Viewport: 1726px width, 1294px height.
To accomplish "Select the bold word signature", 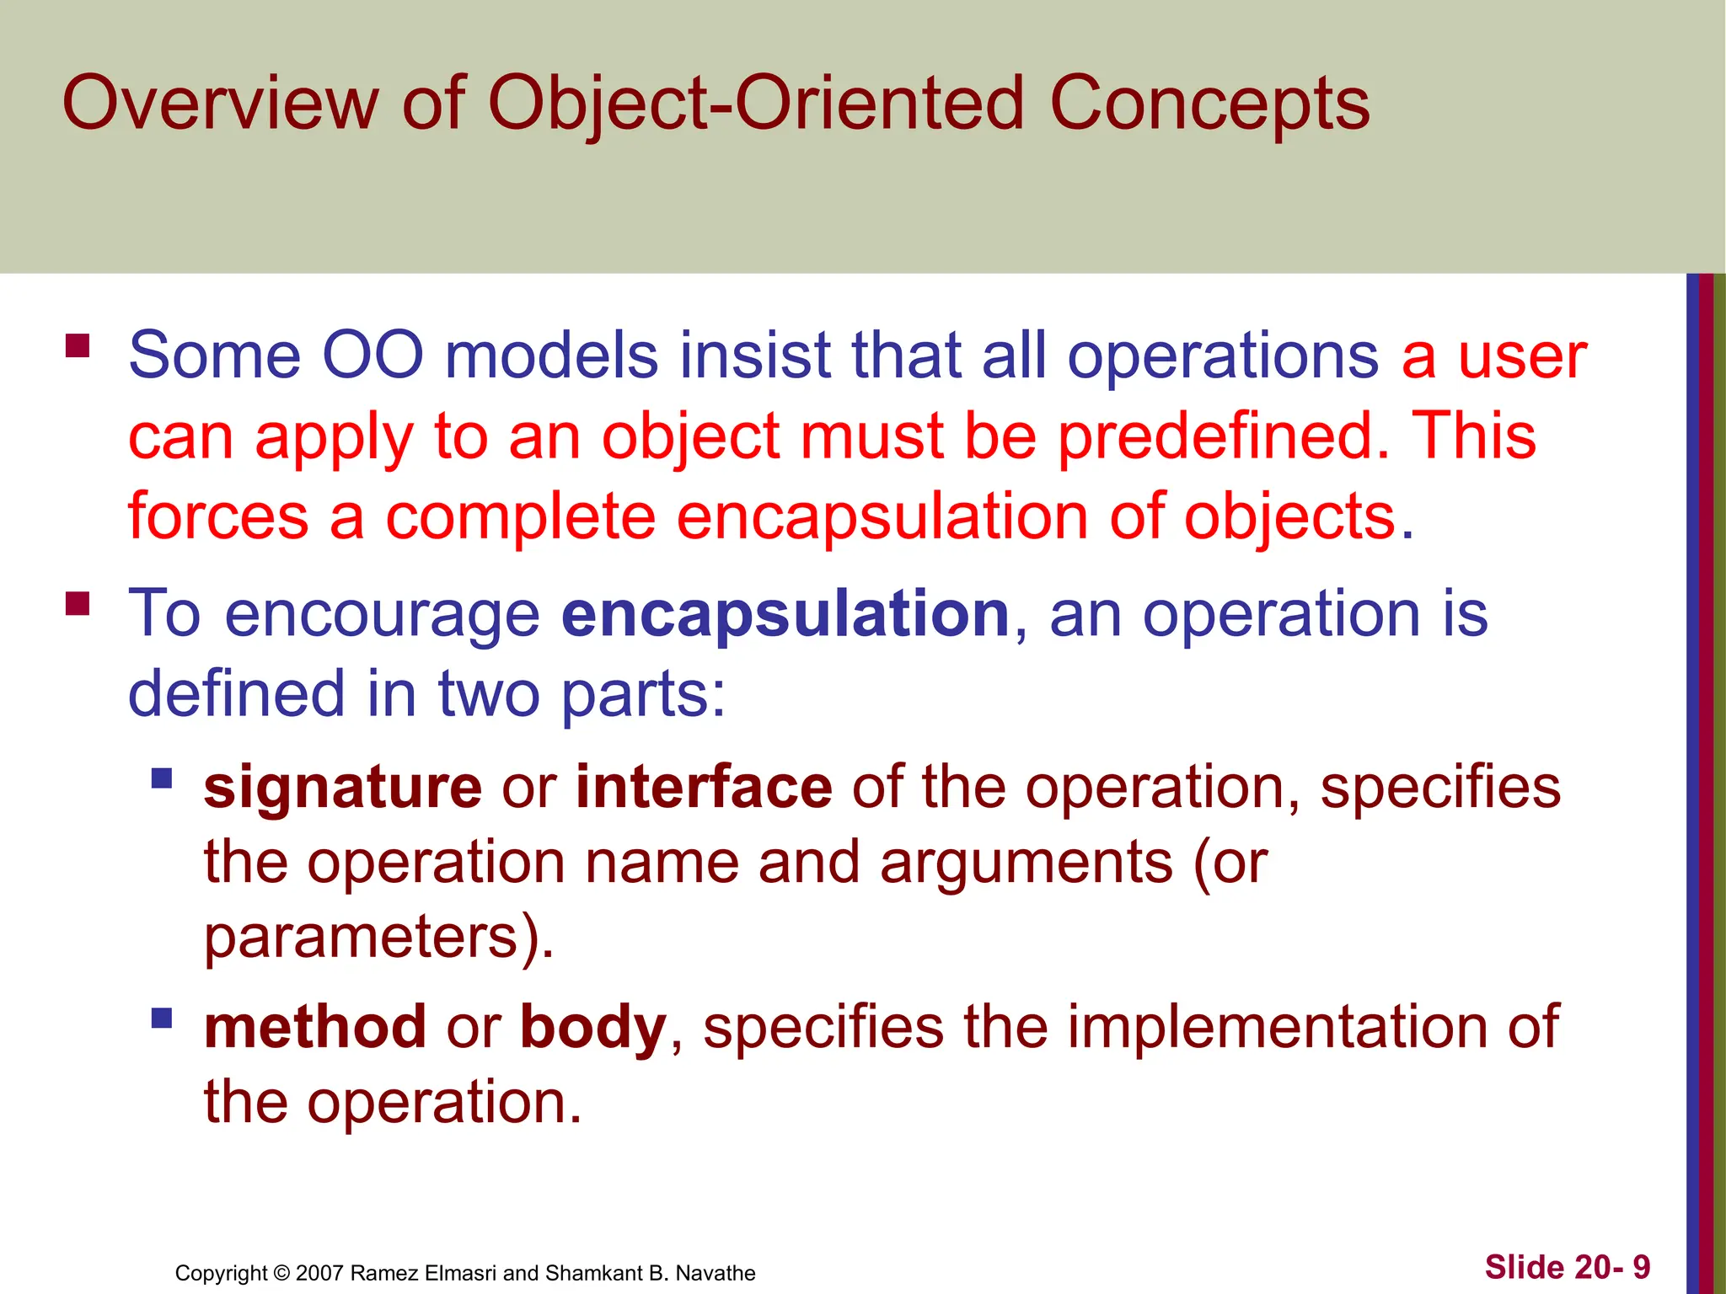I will pos(343,787).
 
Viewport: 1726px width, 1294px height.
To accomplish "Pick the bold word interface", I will pos(704,787).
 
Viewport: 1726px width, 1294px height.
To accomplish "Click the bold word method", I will pos(315,1027).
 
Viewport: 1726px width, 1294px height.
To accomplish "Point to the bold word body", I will pos(593,1027).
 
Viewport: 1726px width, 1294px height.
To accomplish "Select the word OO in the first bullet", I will pos(373,356).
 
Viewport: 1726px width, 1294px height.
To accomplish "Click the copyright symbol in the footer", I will pos(281,1273).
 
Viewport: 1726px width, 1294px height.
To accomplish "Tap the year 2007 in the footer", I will pos(319,1273).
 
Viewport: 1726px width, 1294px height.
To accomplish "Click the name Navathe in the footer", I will pos(716,1273).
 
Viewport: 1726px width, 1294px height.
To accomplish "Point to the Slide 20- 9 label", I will pos(1567,1267).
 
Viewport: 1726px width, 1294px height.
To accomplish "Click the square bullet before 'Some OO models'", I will pos(78,346).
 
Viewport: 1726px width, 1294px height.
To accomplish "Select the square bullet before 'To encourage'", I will pos(78,603).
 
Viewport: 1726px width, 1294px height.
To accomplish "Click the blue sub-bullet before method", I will pos(162,1019).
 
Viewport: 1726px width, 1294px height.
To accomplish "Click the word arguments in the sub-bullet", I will pos(1026,863).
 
